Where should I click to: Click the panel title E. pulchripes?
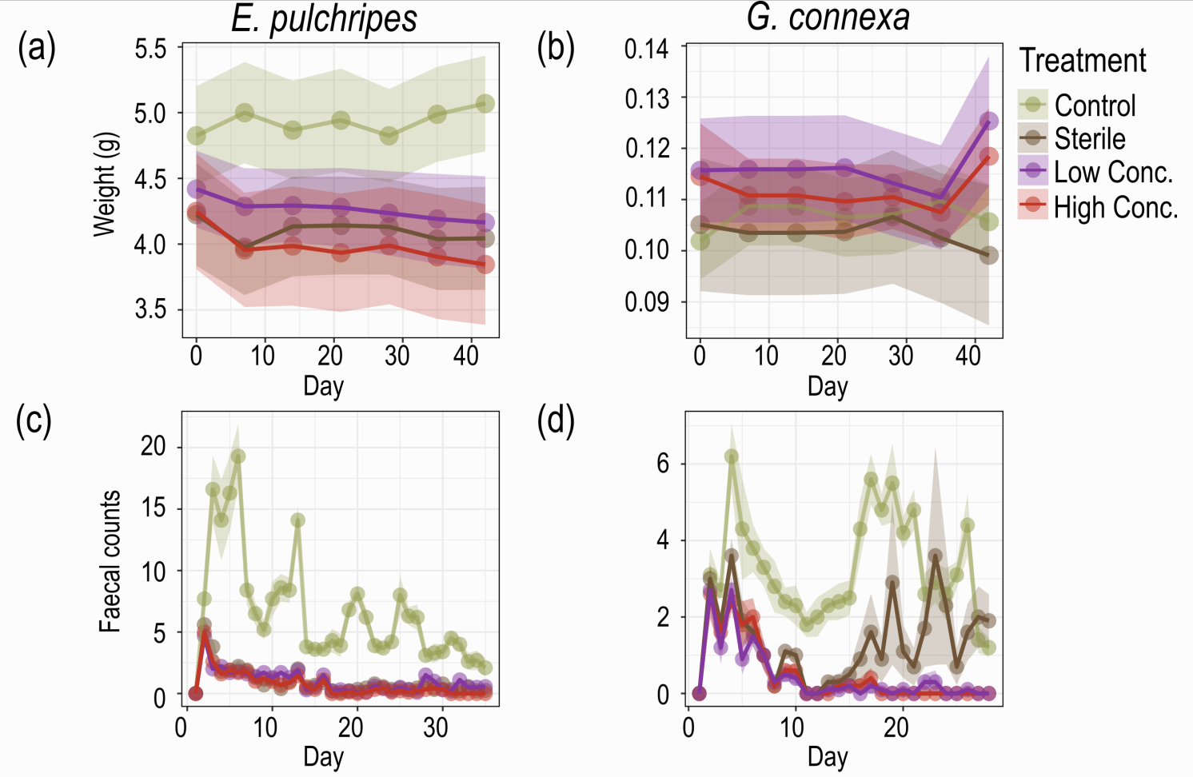click(x=324, y=19)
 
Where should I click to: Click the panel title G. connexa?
click(x=828, y=18)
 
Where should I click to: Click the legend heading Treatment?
click(x=1083, y=61)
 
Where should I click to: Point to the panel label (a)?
click(x=37, y=50)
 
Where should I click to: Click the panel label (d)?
click(x=556, y=421)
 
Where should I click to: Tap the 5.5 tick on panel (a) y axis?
click(x=150, y=50)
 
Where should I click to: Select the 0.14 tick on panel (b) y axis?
click(x=646, y=50)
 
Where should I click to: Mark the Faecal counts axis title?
click(x=110, y=561)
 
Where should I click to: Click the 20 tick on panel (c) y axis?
click(x=154, y=446)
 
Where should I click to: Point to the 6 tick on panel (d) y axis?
click(x=663, y=464)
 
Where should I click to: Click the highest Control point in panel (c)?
click(x=237, y=456)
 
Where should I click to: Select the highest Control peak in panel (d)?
click(x=731, y=456)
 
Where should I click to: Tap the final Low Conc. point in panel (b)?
click(x=989, y=122)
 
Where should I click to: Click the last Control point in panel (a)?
click(x=485, y=104)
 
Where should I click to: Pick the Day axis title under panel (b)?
click(x=827, y=387)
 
